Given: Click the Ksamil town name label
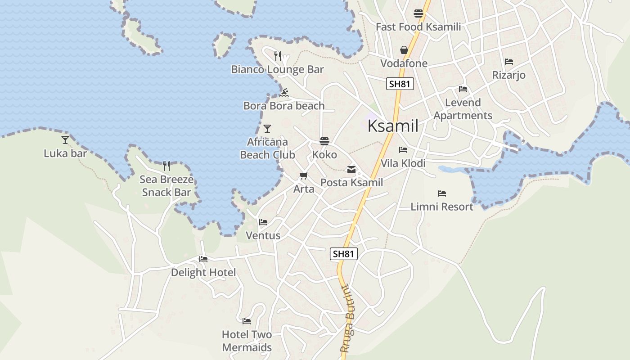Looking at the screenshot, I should [x=393, y=126].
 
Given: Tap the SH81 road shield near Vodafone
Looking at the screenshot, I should [x=400, y=84].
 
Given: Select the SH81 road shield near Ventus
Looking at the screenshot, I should [x=344, y=254].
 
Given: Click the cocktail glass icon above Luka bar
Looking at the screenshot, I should [x=65, y=140].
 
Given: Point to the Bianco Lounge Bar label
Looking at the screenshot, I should [x=277, y=69].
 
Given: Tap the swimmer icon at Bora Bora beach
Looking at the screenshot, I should [x=283, y=93].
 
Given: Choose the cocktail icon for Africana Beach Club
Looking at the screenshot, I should [x=267, y=129].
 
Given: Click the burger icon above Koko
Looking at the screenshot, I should [x=324, y=141].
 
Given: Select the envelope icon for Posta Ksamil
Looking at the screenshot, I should [x=351, y=170].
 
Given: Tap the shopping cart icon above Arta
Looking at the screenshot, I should [x=304, y=176].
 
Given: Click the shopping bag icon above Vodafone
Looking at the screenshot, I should [x=404, y=50].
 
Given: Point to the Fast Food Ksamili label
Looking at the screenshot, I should [x=418, y=27].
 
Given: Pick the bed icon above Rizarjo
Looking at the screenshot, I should [x=509, y=62].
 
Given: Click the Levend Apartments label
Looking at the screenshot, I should [x=463, y=109].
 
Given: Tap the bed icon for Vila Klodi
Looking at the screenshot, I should [x=403, y=150].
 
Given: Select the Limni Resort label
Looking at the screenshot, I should [x=442, y=207].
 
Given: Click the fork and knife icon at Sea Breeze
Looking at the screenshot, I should [x=166, y=166].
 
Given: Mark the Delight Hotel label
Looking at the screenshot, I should [x=203, y=273].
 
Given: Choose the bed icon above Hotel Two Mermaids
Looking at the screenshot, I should [x=247, y=321].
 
